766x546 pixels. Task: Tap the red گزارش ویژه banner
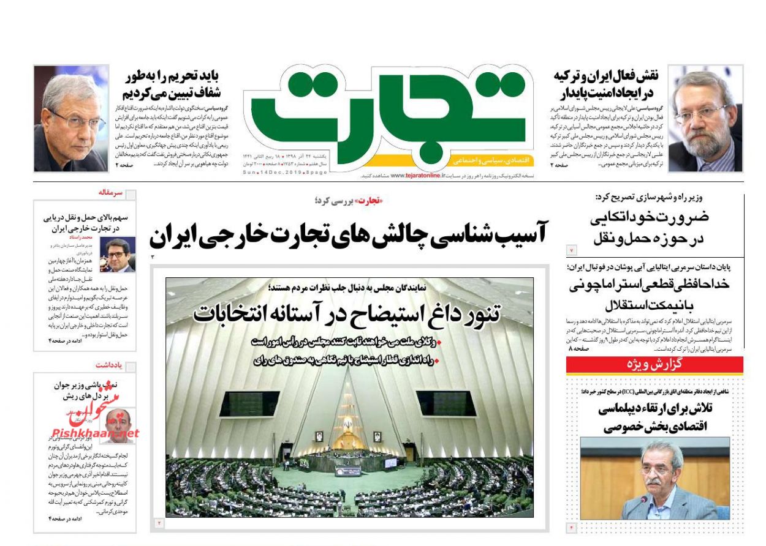click(x=654, y=365)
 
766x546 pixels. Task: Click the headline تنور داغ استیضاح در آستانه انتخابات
click(x=347, y=312)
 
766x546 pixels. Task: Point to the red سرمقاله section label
click(x=110, y=193)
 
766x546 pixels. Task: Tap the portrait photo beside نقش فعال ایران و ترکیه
click(x=705, y=118)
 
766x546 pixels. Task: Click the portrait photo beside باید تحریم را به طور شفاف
click(x=70, y=118)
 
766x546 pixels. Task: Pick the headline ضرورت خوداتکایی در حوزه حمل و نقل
click(x=650, y=228)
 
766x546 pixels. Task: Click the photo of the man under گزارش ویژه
click(x=654, y=478)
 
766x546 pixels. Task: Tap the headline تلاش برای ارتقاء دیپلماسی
click(x=654, y=417)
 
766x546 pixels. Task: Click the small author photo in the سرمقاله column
click(x=117, y=255)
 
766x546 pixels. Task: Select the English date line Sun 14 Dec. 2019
click(x=285, y=173)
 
